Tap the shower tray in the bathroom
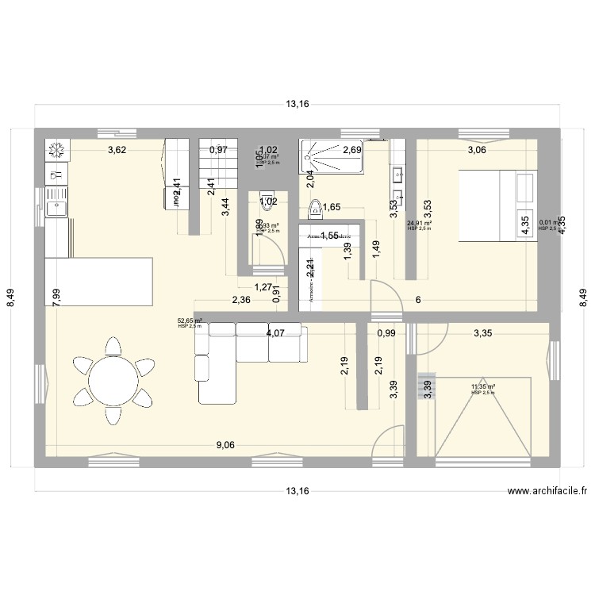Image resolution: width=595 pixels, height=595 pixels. [332, 157]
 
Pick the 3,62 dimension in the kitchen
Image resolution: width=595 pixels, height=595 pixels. [118, 149]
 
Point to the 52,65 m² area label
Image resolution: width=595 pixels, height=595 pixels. [189, 321]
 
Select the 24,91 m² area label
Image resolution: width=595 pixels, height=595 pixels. [418, 224]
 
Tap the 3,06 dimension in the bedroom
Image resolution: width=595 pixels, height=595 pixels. [477, 149]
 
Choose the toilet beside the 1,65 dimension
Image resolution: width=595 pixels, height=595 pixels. [316, 209]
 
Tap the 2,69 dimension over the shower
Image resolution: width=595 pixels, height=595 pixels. [352, 149]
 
